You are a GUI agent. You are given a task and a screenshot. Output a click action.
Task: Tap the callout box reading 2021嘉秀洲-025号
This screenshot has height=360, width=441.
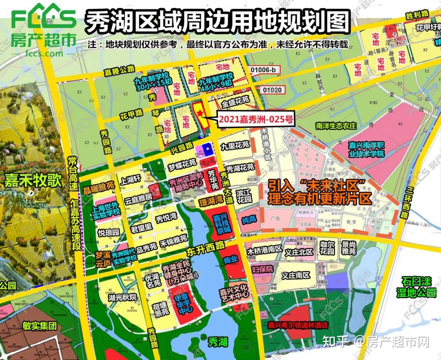(255, 120)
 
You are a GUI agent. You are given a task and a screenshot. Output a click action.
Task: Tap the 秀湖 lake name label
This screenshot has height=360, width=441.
(217, 341)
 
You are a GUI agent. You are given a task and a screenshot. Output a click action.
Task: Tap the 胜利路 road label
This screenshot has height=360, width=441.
(417, 15)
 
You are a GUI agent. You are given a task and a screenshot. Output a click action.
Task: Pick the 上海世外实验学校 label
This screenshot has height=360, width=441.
(107, 209)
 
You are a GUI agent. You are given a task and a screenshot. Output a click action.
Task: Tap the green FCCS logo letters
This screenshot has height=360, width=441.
(44, 16)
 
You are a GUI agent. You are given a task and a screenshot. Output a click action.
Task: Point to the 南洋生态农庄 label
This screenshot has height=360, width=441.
(336, 126)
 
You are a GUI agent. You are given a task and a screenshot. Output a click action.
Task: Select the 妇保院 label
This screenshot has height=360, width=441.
(262, 269)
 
